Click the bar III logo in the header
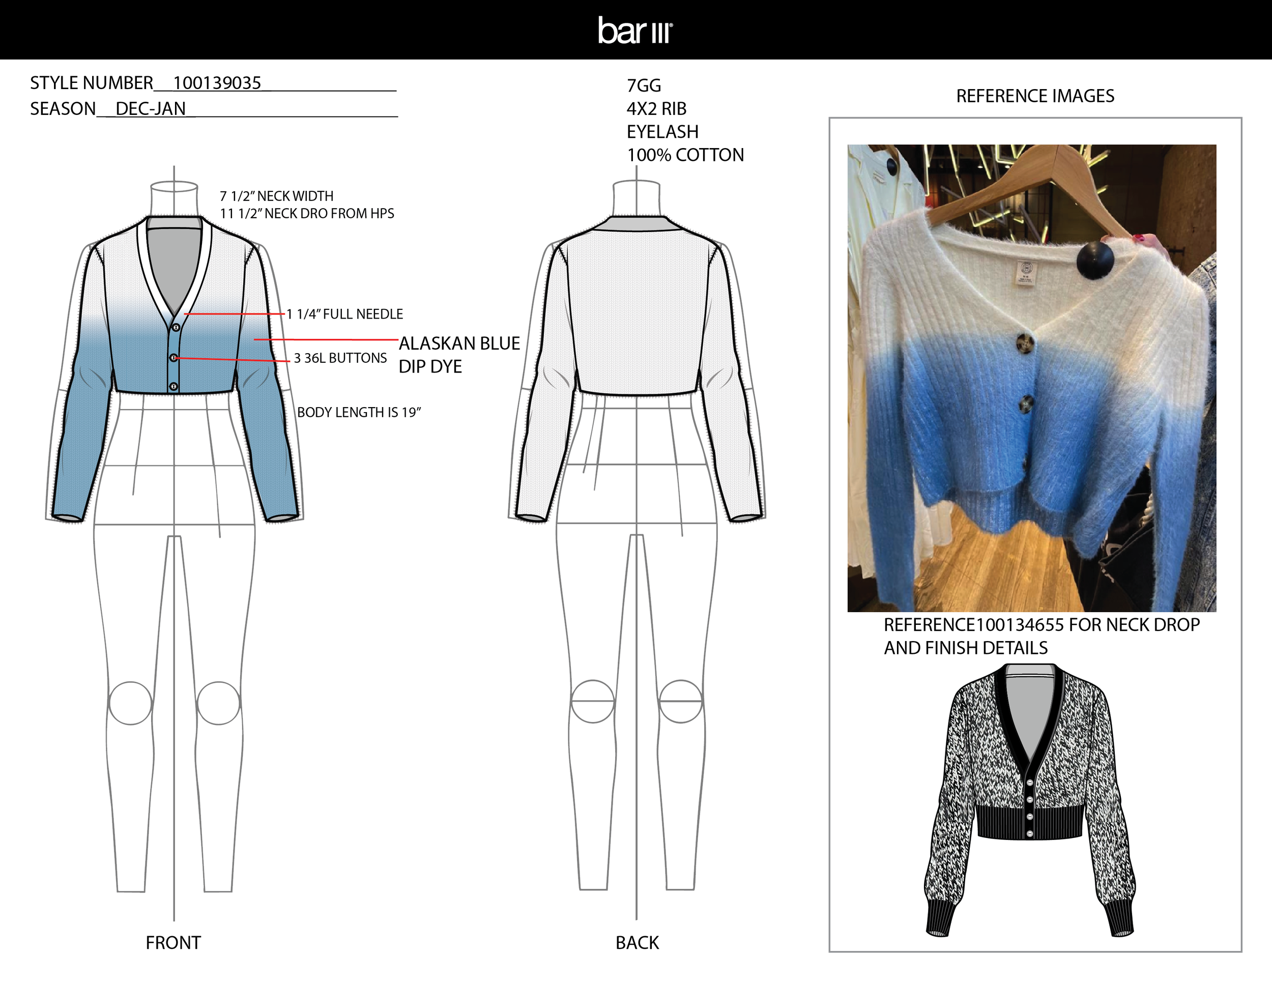pyautogui.click(x=635, y=31)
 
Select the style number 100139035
pyautogui.click(x=217, y=83)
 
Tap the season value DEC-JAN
pyautogui.click(x=150, y=109)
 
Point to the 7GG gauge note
pyautogui.click(x=644, y=85)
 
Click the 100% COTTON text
pyautogui.click(x=685, y=155)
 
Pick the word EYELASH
pyautogui.click(x=662, y=132)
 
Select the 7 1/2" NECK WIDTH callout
pyautogui.click(x=276, y=196)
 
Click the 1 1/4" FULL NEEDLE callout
pyautogui.click(x=345, y=314)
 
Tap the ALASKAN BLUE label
pyautogui.click(x=459, y=343)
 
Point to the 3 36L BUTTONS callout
pyautogui.click(x=340, y=358)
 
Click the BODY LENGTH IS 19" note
pyautogui.click(x=359, y=412)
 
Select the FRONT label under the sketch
pyautogui.click(x=173, y=943)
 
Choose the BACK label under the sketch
pyautogui.click(x=637, y=943)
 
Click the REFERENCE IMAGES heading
pyautogui.click(x=1035, y=96)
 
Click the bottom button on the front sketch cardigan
pyautogui.click(x=174, y=386)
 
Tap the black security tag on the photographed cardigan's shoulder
pyautogui.click(x=1095, y=259)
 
